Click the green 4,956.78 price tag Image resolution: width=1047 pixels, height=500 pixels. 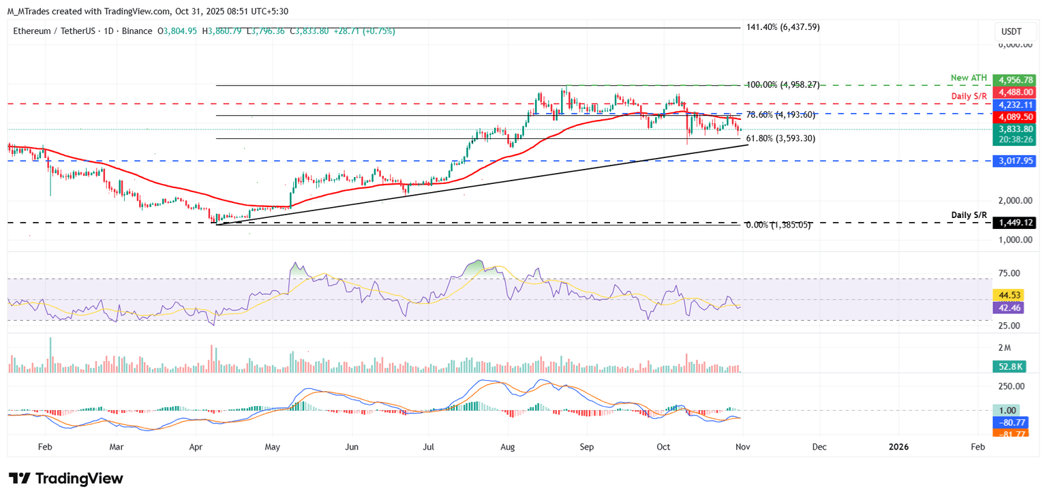[x=1014, y=80]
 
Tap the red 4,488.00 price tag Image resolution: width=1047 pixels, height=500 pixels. [x=1014, y=92]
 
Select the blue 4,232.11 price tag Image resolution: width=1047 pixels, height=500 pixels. [x=1014, y=105]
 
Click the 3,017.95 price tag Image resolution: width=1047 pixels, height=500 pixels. [x=1014, y=161]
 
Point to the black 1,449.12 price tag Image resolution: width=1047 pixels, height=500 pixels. [x=1014, y=223]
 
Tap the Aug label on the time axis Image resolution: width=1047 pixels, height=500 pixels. [x=508, y=447]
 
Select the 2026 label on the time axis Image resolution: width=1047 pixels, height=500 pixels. [x=898, y=447]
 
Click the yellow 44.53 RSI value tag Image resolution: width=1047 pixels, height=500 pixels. [x=1008, y=295]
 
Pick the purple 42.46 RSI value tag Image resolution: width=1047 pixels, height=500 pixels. [x=1008, y=308]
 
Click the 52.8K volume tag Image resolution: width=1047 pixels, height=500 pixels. [x=1008, y=367]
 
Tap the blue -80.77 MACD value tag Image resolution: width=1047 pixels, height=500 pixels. [x=1008, y=422]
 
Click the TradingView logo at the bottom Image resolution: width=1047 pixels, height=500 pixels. [x=66, y=478]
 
